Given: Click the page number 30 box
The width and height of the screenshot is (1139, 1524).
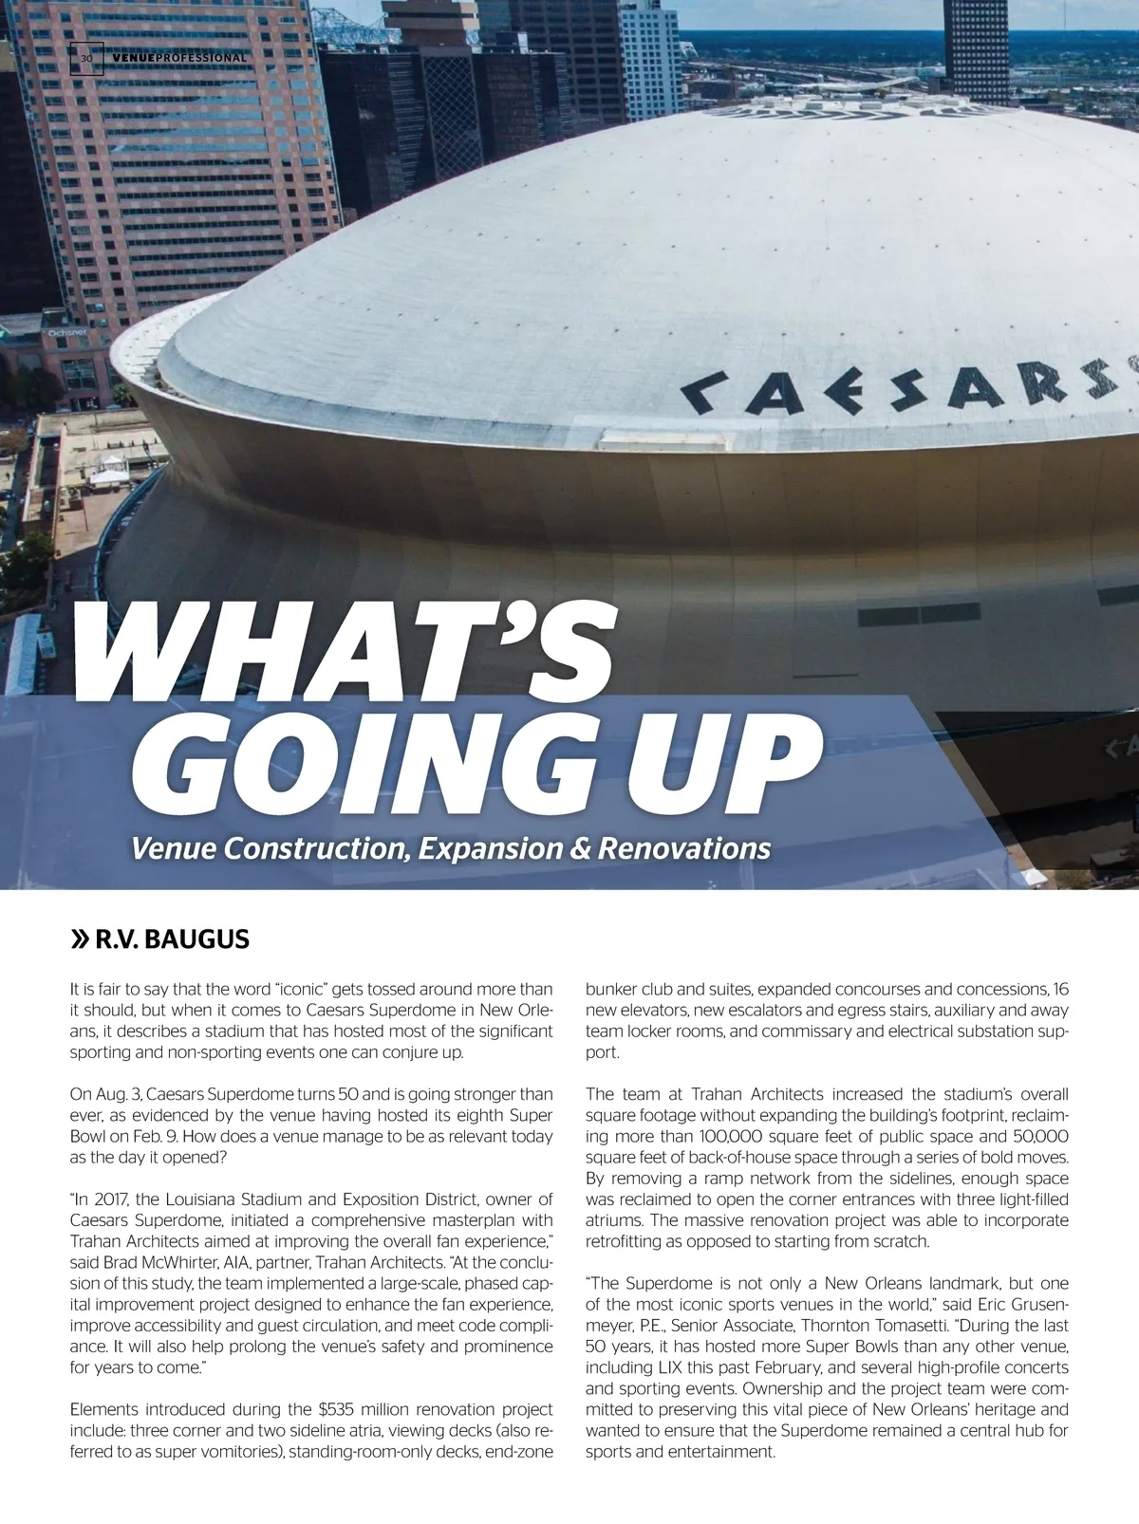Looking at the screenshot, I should coord(86,58).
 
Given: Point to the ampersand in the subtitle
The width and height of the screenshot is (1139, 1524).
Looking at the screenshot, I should coord(580,847).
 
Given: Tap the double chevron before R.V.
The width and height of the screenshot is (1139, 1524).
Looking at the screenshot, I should coord(80,940).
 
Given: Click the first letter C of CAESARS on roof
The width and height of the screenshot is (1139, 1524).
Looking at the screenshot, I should coord(703,392).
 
